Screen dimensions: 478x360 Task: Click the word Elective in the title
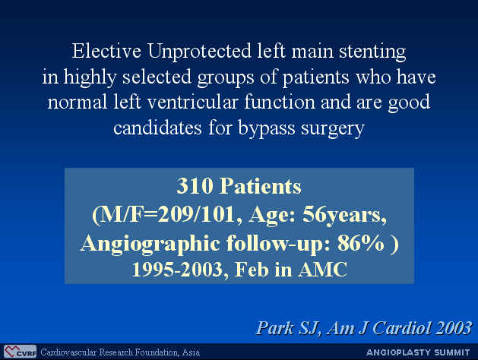point(106,51)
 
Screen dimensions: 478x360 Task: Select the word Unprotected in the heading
point(199,51)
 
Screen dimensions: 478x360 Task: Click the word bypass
point(266,128)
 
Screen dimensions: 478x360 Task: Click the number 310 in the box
point(195,186)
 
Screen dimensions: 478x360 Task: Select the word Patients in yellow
point(261,186)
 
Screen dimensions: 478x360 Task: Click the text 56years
point(343,216)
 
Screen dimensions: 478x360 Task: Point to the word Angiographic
point(150,244)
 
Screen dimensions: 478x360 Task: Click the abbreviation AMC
point(322,269)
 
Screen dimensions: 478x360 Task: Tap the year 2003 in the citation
point(454,327)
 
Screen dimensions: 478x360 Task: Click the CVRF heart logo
point(20,352)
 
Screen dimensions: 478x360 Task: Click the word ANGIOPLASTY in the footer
point(399,352)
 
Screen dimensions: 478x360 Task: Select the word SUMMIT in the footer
point(452,352)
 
